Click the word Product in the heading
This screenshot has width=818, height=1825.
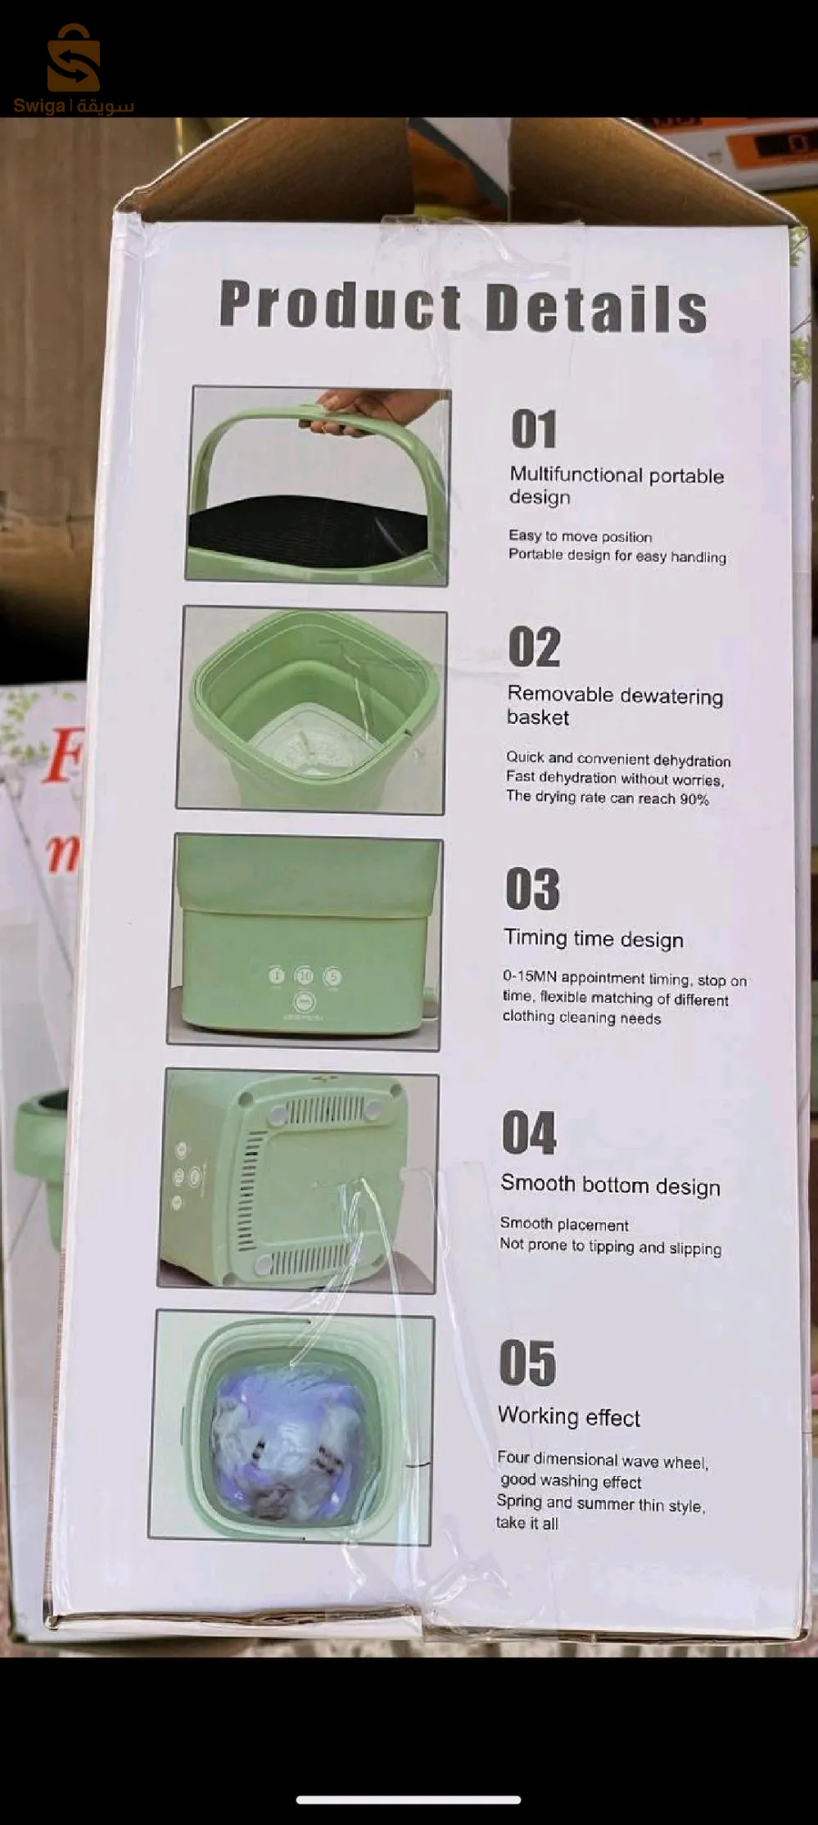click(341, 305)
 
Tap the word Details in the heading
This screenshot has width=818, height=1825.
click(597, 308)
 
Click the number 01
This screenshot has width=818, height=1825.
click(534, 429)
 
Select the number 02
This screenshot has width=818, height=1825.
click(534, 647)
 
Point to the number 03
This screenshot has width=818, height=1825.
click(532, 889)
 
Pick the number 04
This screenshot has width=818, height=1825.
click(529, 1133)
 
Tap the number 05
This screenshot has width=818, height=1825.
click(527, 1363)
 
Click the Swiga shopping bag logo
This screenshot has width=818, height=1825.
click(74, 57)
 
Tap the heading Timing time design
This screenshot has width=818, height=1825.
click(594, 937)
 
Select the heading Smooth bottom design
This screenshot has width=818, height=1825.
click(611, 1184)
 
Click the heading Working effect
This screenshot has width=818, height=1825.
click(569, 1416)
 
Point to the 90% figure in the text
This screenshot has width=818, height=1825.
click(694, 799)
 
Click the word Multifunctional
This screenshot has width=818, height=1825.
click(576, 474)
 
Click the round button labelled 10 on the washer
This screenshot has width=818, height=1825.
click(305, 975)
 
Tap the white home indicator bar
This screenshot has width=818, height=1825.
click(409, 1800)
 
